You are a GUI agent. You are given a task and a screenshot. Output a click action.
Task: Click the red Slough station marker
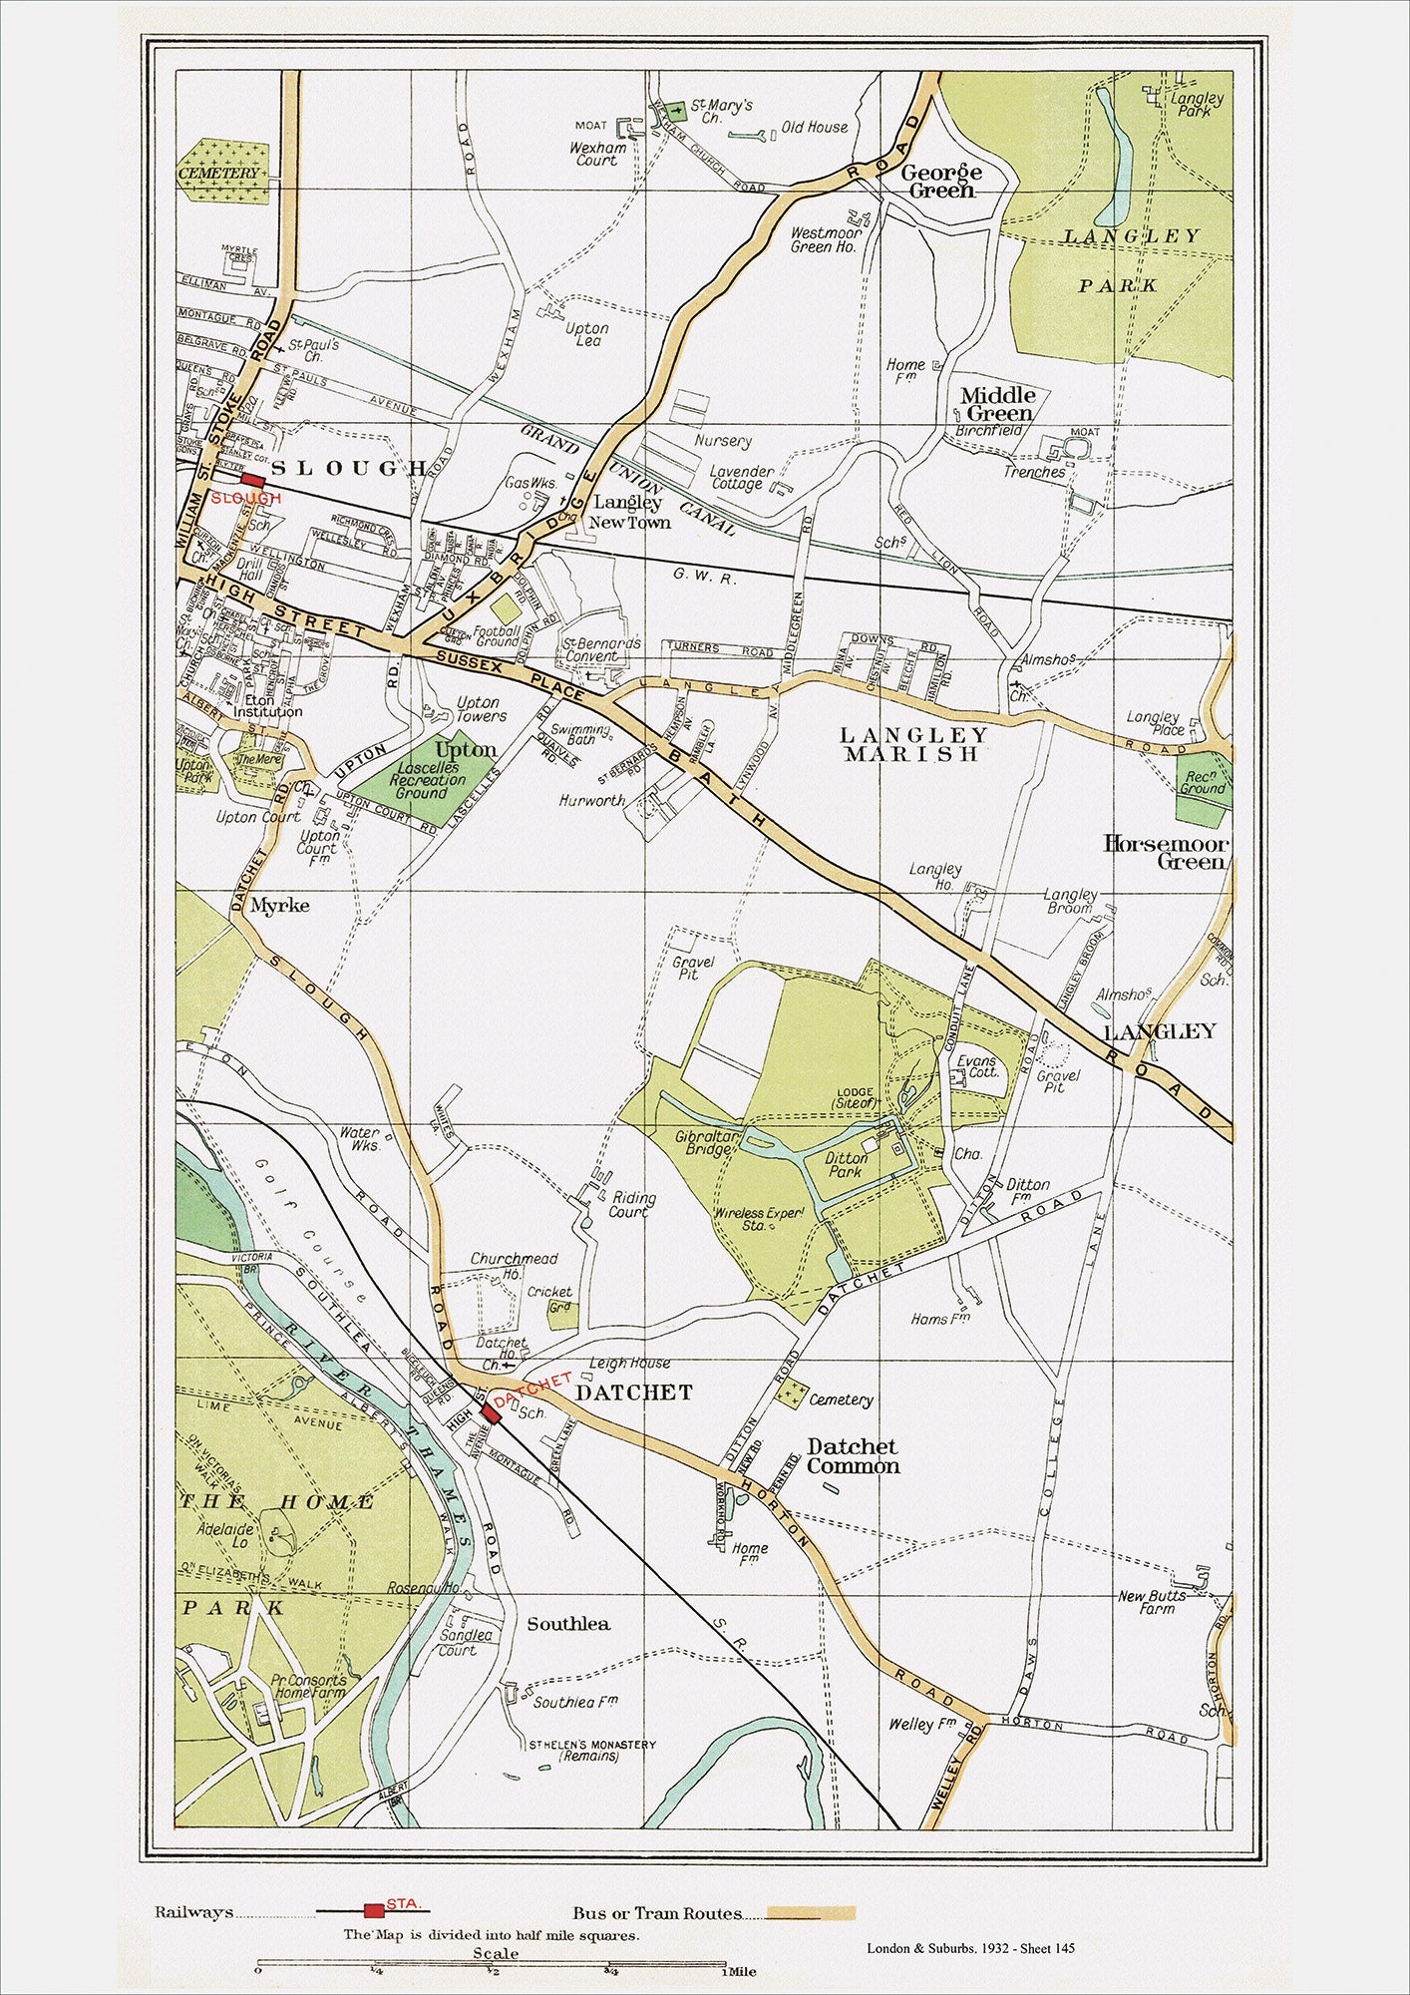pyautogui.click(x=252, y=480)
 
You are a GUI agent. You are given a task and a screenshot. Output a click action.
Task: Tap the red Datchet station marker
pyautogui.click(x=491, y=1412)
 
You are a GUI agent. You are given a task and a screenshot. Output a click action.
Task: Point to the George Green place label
pyautogui.click(x=941, y=181)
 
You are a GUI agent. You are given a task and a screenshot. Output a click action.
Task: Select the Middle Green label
pyautogui.click(x=998, y=404)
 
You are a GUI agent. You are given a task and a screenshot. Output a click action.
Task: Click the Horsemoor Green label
pyautogui.click(x=1165, y=853)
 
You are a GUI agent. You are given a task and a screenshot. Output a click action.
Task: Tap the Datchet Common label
pyautogui.click(x=853, y=1456)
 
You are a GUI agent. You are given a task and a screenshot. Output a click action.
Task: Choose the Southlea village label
pyautogui.click(x=568, y=1624)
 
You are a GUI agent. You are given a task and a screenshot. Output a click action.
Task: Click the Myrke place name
pyautogui.click(x=279, y=906)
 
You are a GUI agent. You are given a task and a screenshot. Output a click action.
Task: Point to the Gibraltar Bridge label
pyautogui.click(x=707, y=1143)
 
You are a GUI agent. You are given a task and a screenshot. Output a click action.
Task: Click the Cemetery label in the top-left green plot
pyautogui.click(x=218, y=174)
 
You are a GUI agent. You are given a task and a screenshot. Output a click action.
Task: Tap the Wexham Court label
pyautogui.click(x=598, y=154)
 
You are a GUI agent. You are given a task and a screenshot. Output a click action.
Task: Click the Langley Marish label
pyautogui.click(x=913, y=745)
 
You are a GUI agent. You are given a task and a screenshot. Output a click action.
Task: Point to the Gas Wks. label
pyautogui.click(x=530, y=483)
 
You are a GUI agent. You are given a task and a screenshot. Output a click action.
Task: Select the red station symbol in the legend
pyautogui.click(x=374, y=1910)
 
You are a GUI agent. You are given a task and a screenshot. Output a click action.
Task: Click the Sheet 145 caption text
pyautogui.click(x=1047, y=1948)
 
